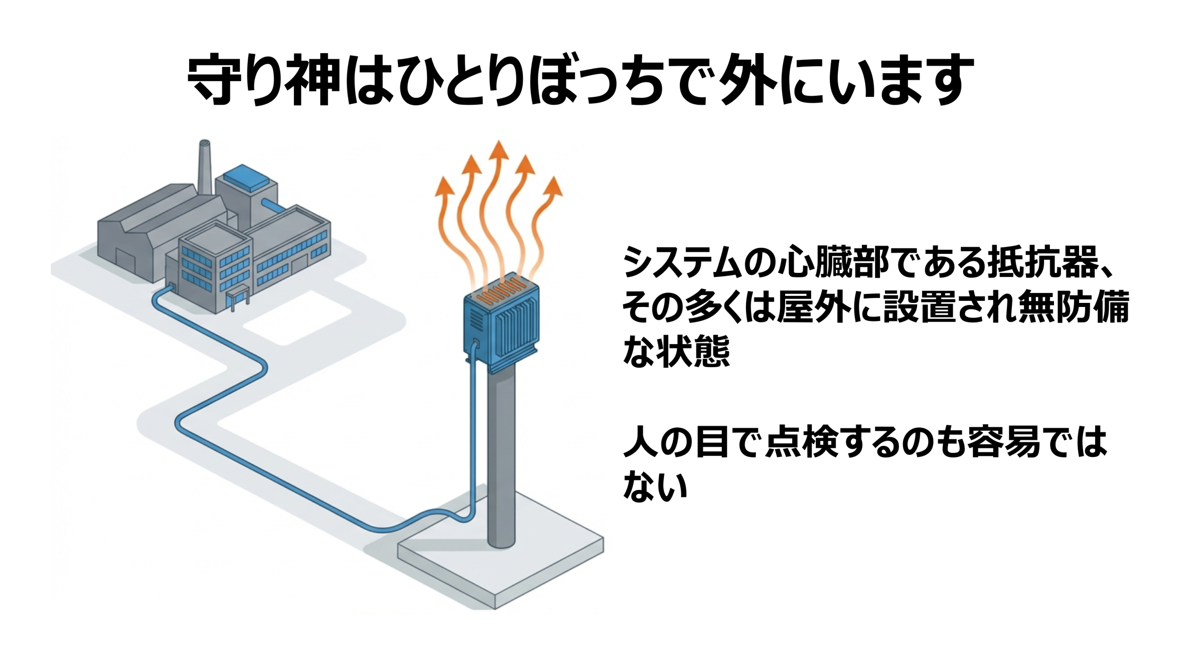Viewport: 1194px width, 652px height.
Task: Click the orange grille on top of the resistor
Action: [502, 294]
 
